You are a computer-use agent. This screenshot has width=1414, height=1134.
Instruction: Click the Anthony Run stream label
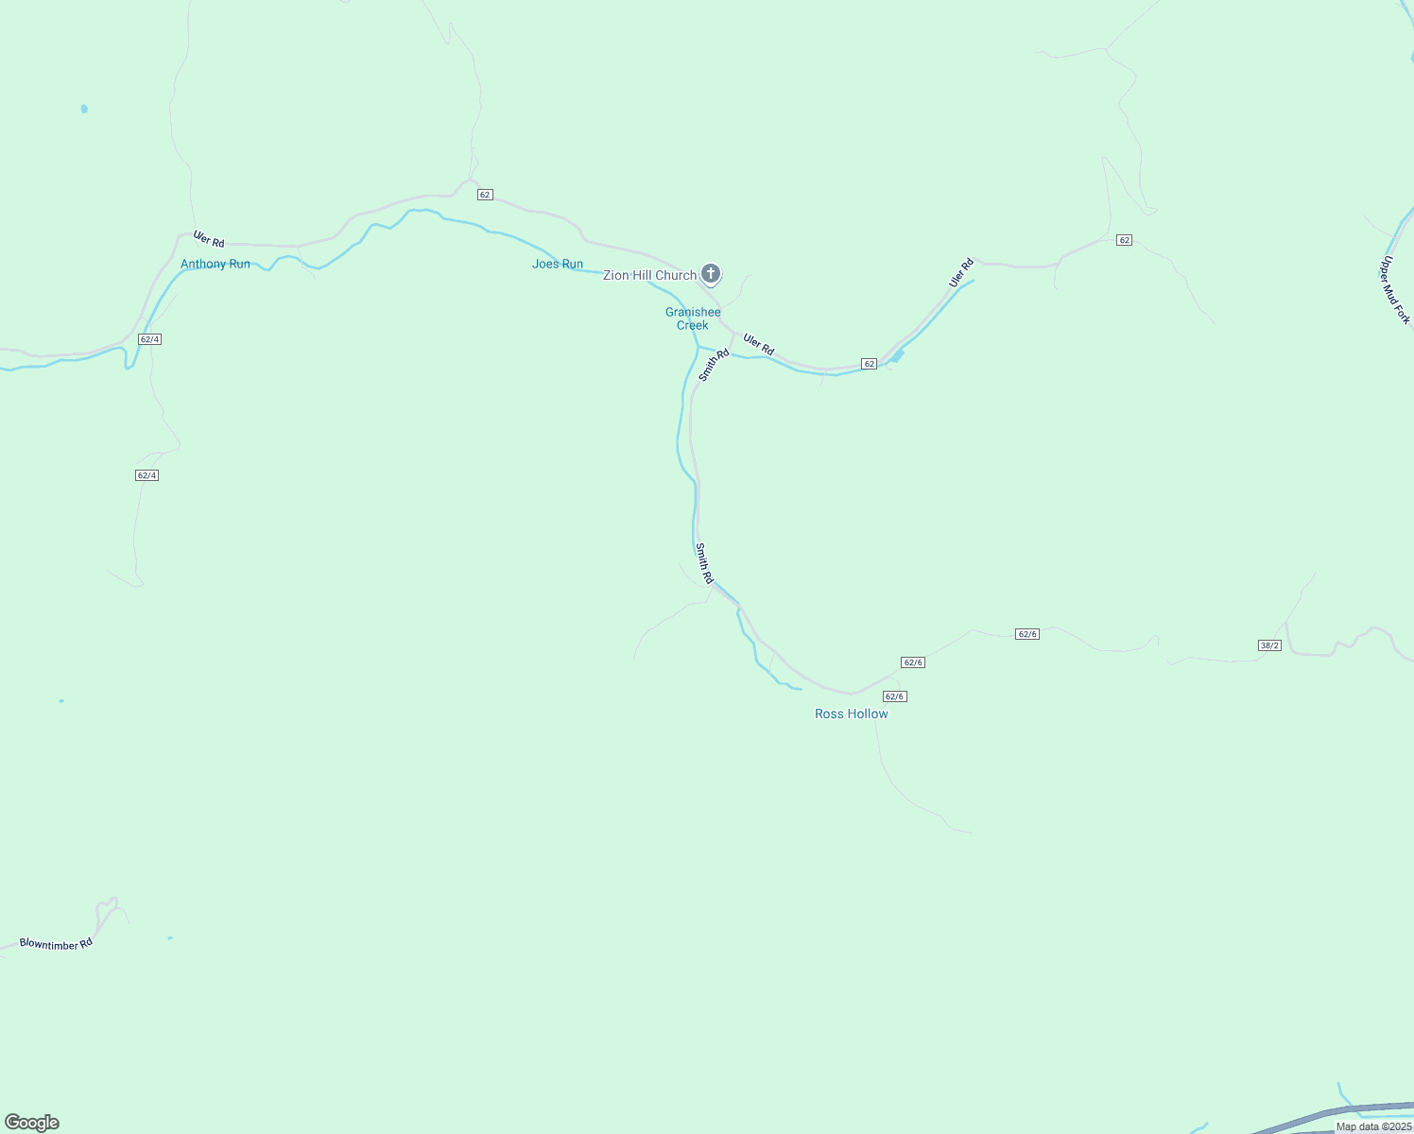(x=216, y=264)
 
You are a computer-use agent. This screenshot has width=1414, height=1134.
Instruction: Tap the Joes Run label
(x=558, y=264)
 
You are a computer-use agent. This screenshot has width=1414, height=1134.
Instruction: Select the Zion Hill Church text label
(x=649, y=275)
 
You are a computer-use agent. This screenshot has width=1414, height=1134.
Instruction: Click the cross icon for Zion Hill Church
(x=711, y=274)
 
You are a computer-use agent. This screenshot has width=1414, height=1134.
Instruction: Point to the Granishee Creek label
(x=693, y=318)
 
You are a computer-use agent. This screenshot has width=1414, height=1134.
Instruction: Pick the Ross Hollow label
(x=852, y=713)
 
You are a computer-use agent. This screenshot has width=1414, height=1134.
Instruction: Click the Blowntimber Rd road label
(x=57, y=943)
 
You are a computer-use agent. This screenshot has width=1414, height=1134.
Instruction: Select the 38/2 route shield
(x=1269, y=645)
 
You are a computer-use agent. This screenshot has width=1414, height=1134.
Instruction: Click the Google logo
(x=32, y=1123)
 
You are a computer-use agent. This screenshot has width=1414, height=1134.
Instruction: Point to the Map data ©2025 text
(x=1373, y=1126)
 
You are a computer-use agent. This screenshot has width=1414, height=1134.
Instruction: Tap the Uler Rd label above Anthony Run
(x=209, y=239)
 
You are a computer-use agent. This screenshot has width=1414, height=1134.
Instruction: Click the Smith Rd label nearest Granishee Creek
(x=715, y=365)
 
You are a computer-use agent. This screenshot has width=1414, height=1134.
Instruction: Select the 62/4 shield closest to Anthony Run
(x=149, y=339)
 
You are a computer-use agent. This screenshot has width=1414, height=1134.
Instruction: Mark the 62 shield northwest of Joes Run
(x=485, y=195)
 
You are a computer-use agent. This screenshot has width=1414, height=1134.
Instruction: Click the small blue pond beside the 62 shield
(x=897, y=356)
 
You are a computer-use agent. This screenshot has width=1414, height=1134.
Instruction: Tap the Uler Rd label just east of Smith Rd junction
(x=758, y=344)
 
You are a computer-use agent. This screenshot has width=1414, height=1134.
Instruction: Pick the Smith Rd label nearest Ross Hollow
(x=704, y=562)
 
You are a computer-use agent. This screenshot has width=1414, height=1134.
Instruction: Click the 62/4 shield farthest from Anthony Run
(x=147, y=475)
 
